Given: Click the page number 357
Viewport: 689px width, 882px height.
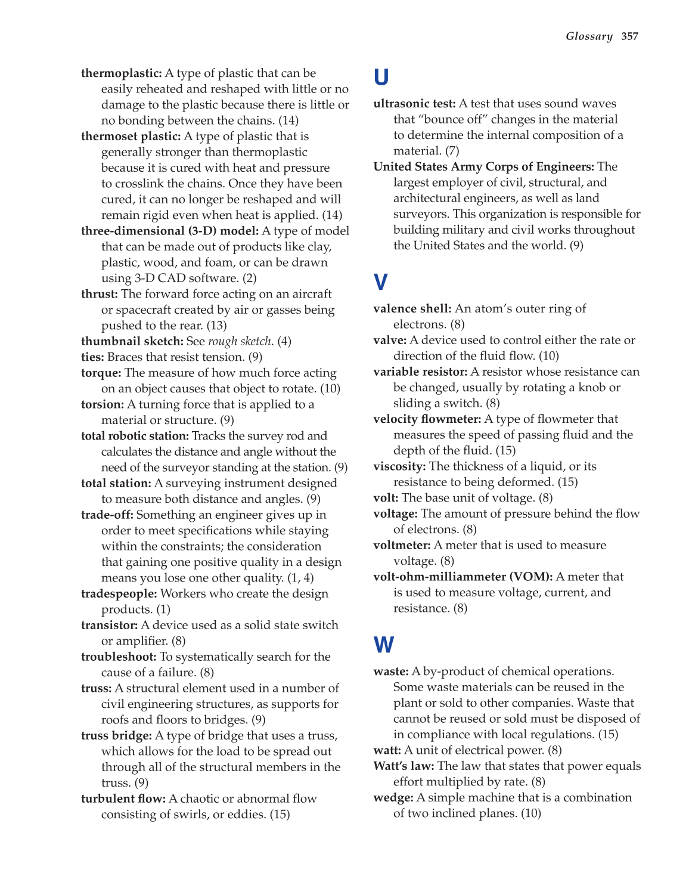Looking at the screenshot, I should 629,36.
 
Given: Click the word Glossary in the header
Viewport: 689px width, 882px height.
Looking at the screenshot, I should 589,36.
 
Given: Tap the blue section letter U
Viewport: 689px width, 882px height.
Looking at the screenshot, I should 381,78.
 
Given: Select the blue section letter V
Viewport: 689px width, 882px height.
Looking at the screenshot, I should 380,282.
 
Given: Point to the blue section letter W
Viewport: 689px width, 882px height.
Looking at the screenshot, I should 384,645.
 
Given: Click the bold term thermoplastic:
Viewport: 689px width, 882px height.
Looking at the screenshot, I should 122,73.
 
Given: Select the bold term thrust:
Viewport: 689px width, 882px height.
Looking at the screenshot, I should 100,294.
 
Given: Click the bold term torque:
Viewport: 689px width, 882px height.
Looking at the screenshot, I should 101,373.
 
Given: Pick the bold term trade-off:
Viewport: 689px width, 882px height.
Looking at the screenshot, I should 107,515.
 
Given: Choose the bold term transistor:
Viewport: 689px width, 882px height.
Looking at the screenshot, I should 110,625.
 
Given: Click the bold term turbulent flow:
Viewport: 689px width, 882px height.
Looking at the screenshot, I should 123,799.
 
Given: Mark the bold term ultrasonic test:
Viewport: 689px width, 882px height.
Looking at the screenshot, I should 414,104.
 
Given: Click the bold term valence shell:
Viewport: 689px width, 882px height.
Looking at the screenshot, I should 412,308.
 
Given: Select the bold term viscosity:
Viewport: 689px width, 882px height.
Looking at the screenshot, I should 399,466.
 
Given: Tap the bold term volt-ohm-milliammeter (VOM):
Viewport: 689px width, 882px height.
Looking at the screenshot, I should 463,577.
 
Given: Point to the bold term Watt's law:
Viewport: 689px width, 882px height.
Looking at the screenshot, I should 404,766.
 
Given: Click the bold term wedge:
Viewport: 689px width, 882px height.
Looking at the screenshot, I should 393,797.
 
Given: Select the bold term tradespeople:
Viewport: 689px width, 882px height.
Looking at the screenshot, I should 119,593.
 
